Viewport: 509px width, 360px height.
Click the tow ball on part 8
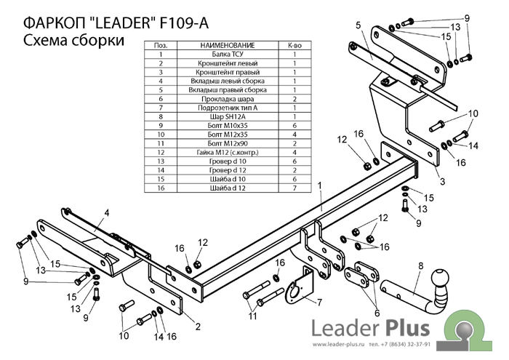coord(440,279)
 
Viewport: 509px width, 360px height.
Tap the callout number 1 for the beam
coord(318,186)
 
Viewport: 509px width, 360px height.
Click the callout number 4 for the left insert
coord(105,212)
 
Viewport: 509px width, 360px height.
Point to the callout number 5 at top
coord(358,26)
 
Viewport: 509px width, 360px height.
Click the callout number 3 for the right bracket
coord(441,181)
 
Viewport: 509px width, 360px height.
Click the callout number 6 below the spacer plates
coord(376,313)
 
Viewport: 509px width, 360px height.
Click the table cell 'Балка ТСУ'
coord(223,55)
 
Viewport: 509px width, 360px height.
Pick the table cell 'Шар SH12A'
coord(223,116)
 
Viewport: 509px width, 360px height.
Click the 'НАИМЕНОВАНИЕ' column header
coord(223,45)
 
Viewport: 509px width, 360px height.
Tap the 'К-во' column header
coord(295,45)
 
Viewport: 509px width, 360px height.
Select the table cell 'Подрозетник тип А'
coord(223,108)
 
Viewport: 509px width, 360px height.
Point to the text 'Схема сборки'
coord(71,41)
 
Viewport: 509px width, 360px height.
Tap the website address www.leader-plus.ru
coord(340,344)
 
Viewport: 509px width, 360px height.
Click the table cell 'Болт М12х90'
coord(223,144)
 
